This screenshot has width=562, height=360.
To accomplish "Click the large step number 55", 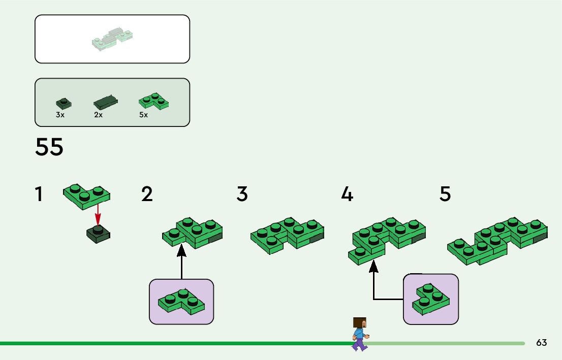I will [49, 147].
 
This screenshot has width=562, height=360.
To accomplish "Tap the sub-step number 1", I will [39, 194].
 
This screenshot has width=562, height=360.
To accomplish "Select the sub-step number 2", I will [147, 194].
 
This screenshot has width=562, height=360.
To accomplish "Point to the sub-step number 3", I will [242, 194].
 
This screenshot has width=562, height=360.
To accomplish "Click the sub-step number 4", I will [347, 194].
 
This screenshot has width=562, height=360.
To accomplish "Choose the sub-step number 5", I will [445, 194].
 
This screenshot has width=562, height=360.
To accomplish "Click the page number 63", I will [541, 343].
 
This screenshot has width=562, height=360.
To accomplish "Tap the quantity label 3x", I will [60, 115].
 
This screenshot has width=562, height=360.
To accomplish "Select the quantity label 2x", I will [99, 115].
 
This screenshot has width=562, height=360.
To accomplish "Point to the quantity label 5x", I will [143, 115].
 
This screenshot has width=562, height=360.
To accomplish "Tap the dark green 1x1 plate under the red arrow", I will [99, 234].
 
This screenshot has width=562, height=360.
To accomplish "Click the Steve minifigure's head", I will [360, 323].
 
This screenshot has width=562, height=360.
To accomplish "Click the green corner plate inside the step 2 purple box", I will [181, 302].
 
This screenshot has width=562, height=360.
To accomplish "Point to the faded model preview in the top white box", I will [112, 40].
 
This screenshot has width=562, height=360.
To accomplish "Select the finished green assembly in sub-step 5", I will [497, 241].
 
